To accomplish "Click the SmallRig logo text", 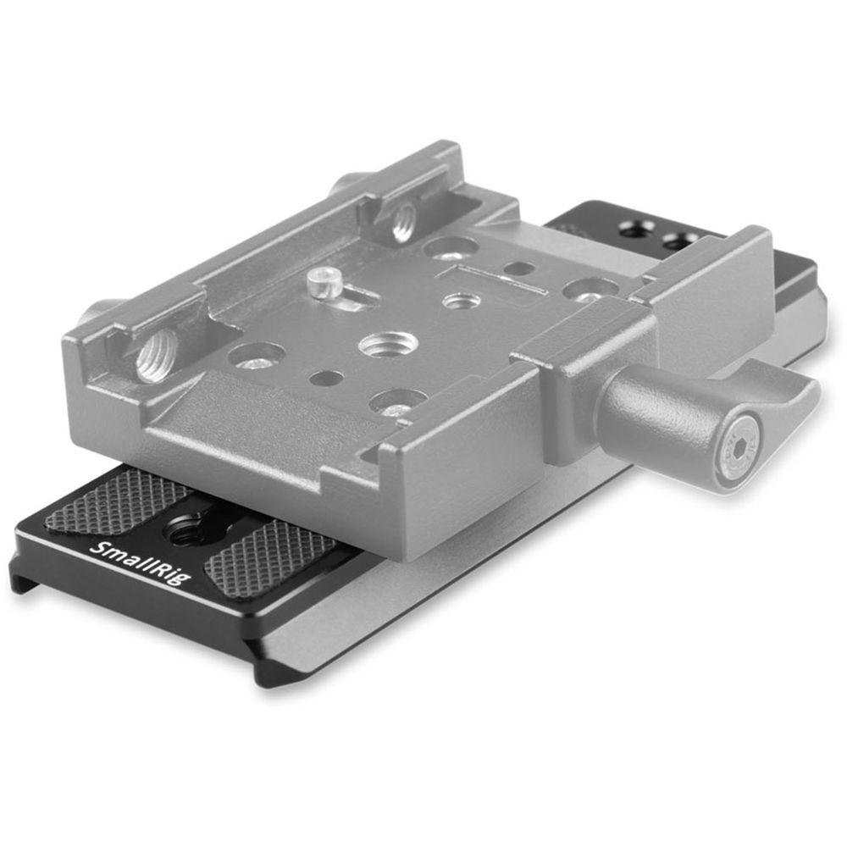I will coord(141,561).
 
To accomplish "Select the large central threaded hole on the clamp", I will coord(388,343).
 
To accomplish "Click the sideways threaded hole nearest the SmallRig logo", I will coord(158,354).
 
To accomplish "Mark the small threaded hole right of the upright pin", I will coord(462,301).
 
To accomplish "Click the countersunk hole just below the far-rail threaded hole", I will coord(449,248).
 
